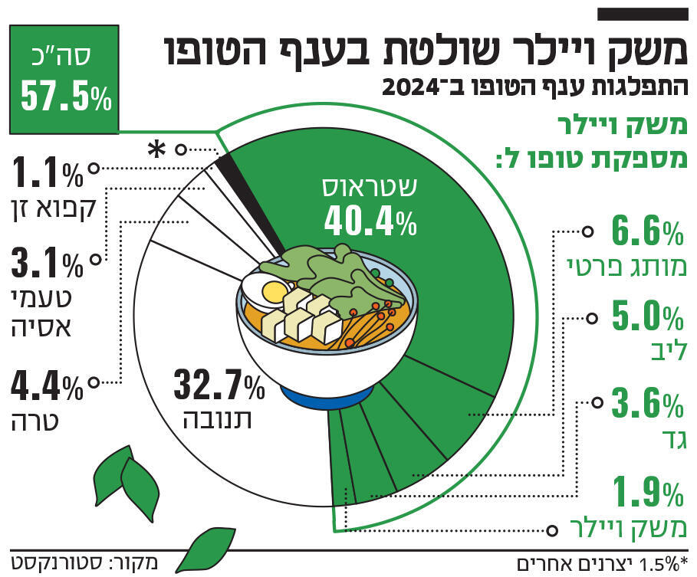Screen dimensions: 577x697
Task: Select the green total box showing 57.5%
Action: [x=64, y=80]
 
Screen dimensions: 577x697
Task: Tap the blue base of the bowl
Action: [x=311, y=398]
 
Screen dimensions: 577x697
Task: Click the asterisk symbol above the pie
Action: [x=156, y=150]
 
